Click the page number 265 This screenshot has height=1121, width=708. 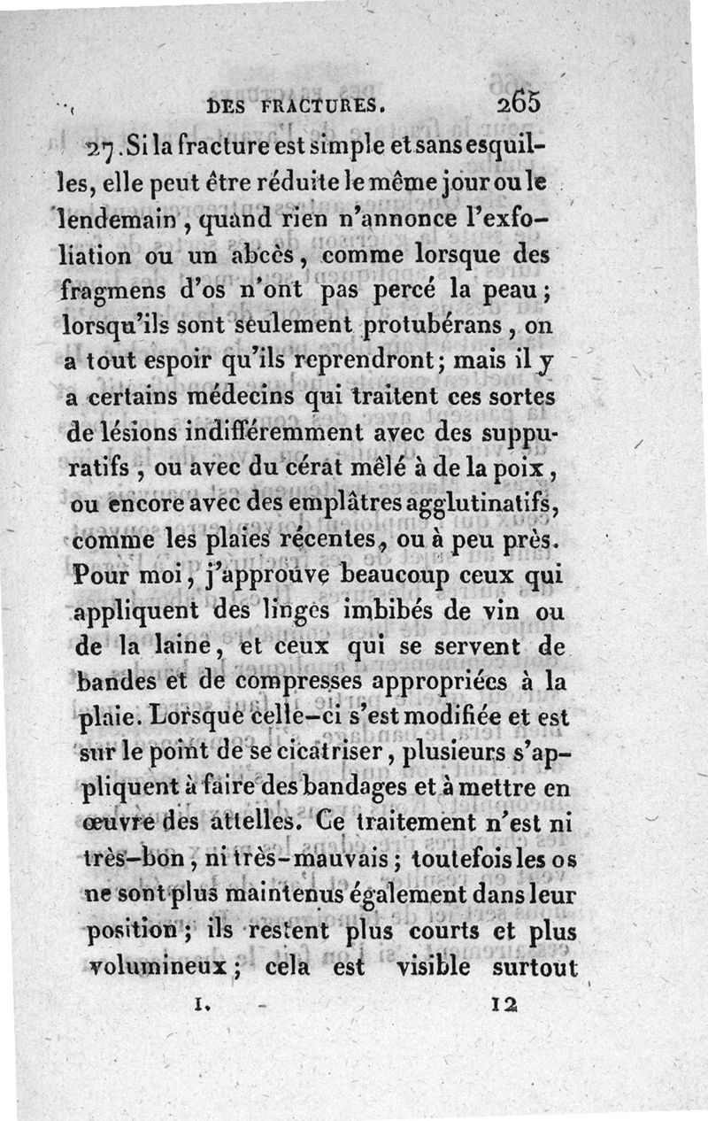[x=519, y=103]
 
